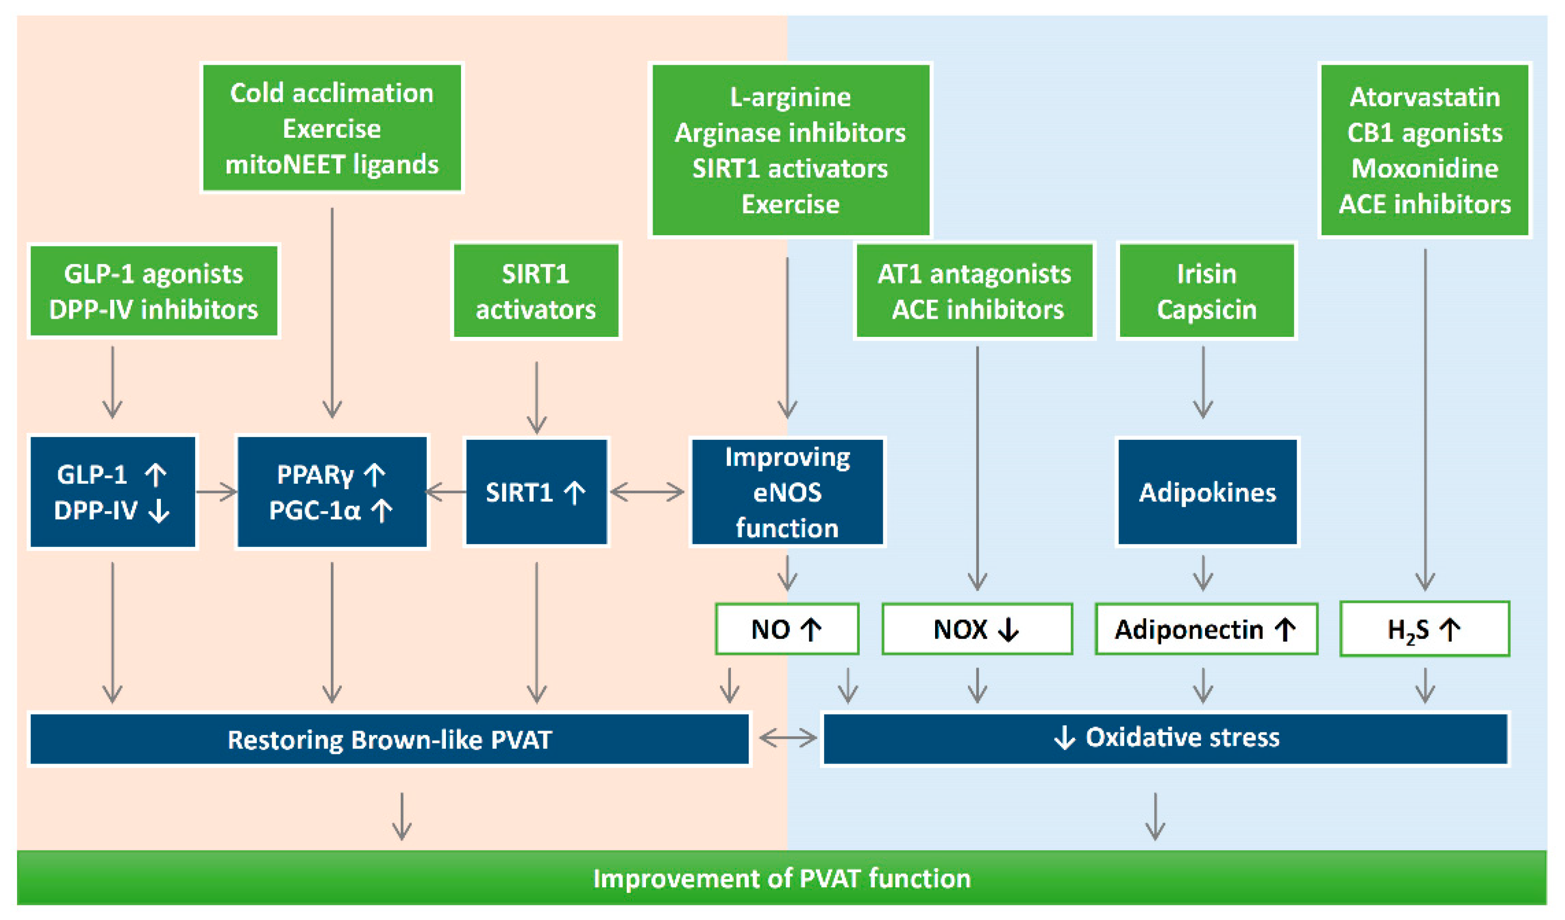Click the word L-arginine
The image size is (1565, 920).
pos(790,97)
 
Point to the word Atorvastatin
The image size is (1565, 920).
pos(1425,97)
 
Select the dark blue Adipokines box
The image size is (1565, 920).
pos(1207,492)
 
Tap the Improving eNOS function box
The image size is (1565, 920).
pos(787,492)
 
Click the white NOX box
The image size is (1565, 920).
pos(976,629)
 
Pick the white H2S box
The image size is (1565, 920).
pos(1424,629)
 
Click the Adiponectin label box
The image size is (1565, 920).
pos(1206,629)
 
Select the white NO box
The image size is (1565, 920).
pos(787,629)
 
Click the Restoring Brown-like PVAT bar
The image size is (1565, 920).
pos(390,739)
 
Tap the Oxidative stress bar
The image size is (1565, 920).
pos(1165,738)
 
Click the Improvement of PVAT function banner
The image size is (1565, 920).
pos(781,878)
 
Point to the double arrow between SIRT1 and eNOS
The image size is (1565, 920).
pos(647,492)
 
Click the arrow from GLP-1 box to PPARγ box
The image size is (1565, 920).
pos(217,492)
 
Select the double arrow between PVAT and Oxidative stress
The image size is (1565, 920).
pos(787,738)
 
